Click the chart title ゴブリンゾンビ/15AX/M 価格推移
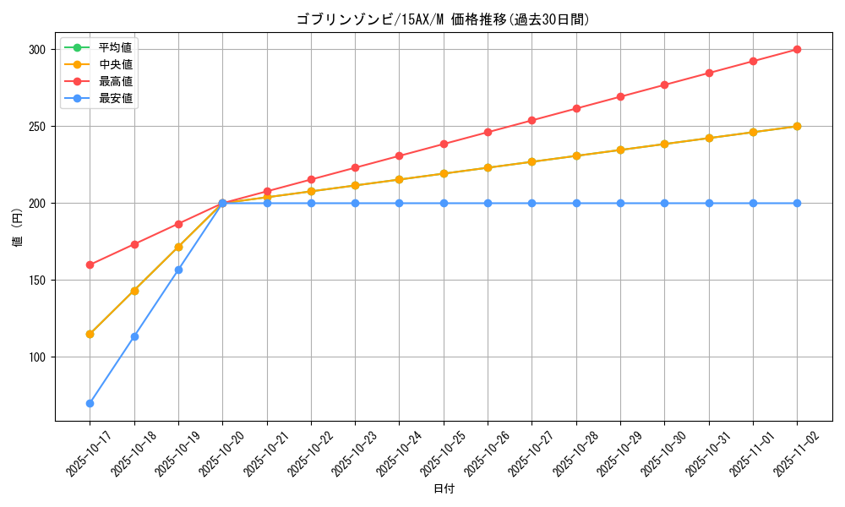click(443, 19)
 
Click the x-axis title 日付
click(444, 489)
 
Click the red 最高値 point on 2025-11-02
click(797, 50)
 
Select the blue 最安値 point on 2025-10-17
click(90, 403)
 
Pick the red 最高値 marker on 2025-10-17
click(90, 264)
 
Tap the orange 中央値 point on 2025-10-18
click(134, 291)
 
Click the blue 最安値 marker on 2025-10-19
click(178, 270)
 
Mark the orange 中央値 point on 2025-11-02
click(797, 127)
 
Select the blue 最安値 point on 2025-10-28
click(576, 204)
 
